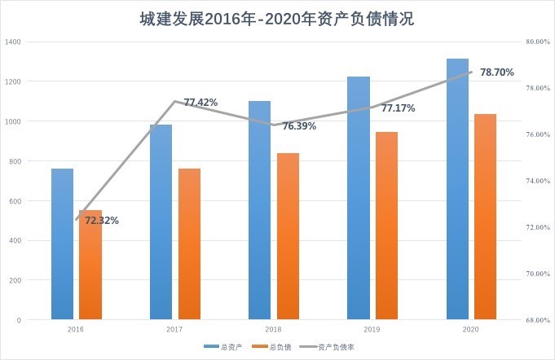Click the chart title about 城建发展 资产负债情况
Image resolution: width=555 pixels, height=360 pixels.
coord(277,19)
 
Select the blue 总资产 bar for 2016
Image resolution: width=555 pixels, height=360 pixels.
coord(62,244)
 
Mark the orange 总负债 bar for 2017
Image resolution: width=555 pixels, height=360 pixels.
coord(189,244)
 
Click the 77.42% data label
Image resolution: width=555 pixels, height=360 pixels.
coord(200,103)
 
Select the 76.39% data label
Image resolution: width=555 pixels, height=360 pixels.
coord(299,126)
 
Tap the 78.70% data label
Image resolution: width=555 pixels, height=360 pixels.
coord(497,72)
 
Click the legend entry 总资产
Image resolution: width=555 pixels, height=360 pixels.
coord(224,347)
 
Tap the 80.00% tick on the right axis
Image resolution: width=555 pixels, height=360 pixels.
coord(539,42)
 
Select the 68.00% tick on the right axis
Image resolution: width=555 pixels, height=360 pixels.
coord(539,320)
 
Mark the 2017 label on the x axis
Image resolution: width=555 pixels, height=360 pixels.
coord(174,330)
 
